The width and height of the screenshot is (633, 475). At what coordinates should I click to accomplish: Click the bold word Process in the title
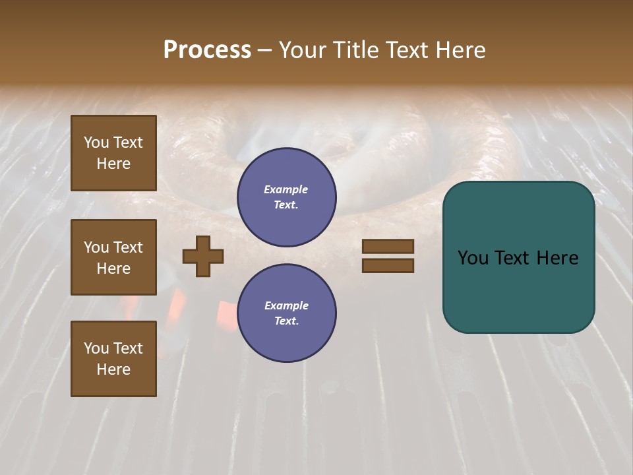click(207, 50)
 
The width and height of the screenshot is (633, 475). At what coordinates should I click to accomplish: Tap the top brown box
click(113, 153)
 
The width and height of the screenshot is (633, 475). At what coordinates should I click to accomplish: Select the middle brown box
click(113, 257)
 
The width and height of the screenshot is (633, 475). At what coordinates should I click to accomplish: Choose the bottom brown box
click(113, 359)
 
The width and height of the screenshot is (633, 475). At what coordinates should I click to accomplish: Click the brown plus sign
click(203, 256)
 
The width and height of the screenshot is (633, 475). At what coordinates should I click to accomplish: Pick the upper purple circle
click(286, 197)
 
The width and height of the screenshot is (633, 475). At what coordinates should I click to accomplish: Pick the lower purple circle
click(286, 313)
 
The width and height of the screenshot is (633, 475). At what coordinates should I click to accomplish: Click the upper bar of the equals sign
click(388, 247)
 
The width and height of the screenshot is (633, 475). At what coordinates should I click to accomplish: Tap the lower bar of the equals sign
click(388, 266)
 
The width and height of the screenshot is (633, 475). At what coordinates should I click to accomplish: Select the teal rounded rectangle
click(518, 257)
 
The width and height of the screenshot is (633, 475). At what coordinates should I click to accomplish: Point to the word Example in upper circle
click(286, 190)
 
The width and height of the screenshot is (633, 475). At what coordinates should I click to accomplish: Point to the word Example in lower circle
click(286, 306)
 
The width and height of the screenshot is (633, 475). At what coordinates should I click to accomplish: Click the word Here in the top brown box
click(113, 164)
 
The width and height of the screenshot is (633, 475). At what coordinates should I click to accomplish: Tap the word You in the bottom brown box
click(96, 348)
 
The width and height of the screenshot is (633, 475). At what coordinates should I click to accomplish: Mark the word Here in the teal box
click(557, 258)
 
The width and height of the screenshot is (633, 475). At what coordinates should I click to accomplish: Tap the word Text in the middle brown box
click(128, 247)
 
